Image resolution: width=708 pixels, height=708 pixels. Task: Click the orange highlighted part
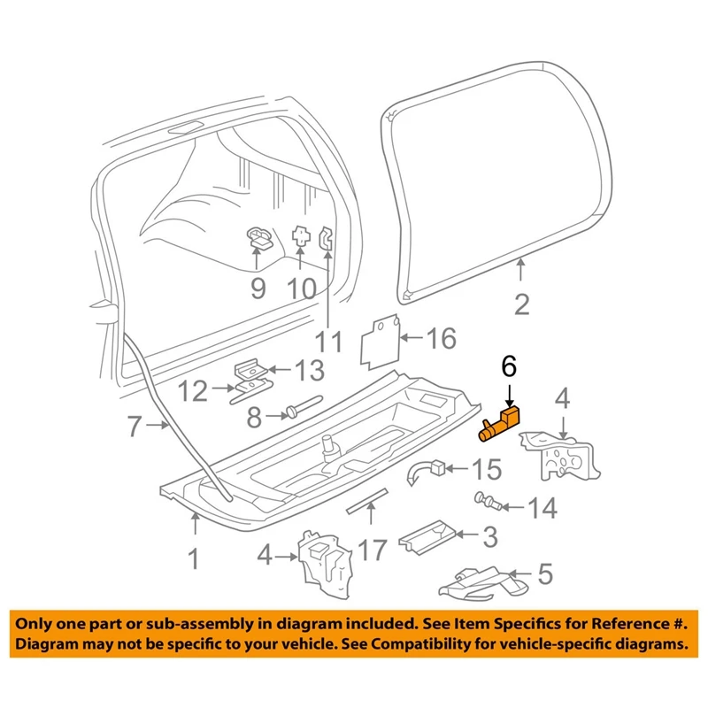[499, 423]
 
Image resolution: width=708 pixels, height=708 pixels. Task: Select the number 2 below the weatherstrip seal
[521, 304]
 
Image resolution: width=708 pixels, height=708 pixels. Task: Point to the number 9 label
[257, 288]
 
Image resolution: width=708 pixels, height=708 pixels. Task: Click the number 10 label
[301, 289]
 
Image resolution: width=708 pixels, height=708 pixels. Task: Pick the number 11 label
[329, 340]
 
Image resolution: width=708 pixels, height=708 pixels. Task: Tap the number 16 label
[442, 338]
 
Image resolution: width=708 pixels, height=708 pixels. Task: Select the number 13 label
[309, 370]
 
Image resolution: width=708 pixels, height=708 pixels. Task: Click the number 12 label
[191, 389]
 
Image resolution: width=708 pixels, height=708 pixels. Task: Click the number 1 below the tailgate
[195, 559]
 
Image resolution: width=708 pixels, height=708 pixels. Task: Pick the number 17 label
[373, 550]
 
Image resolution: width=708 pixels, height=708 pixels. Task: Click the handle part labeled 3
[427, 535]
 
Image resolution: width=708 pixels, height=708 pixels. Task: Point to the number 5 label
[545, 574]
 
